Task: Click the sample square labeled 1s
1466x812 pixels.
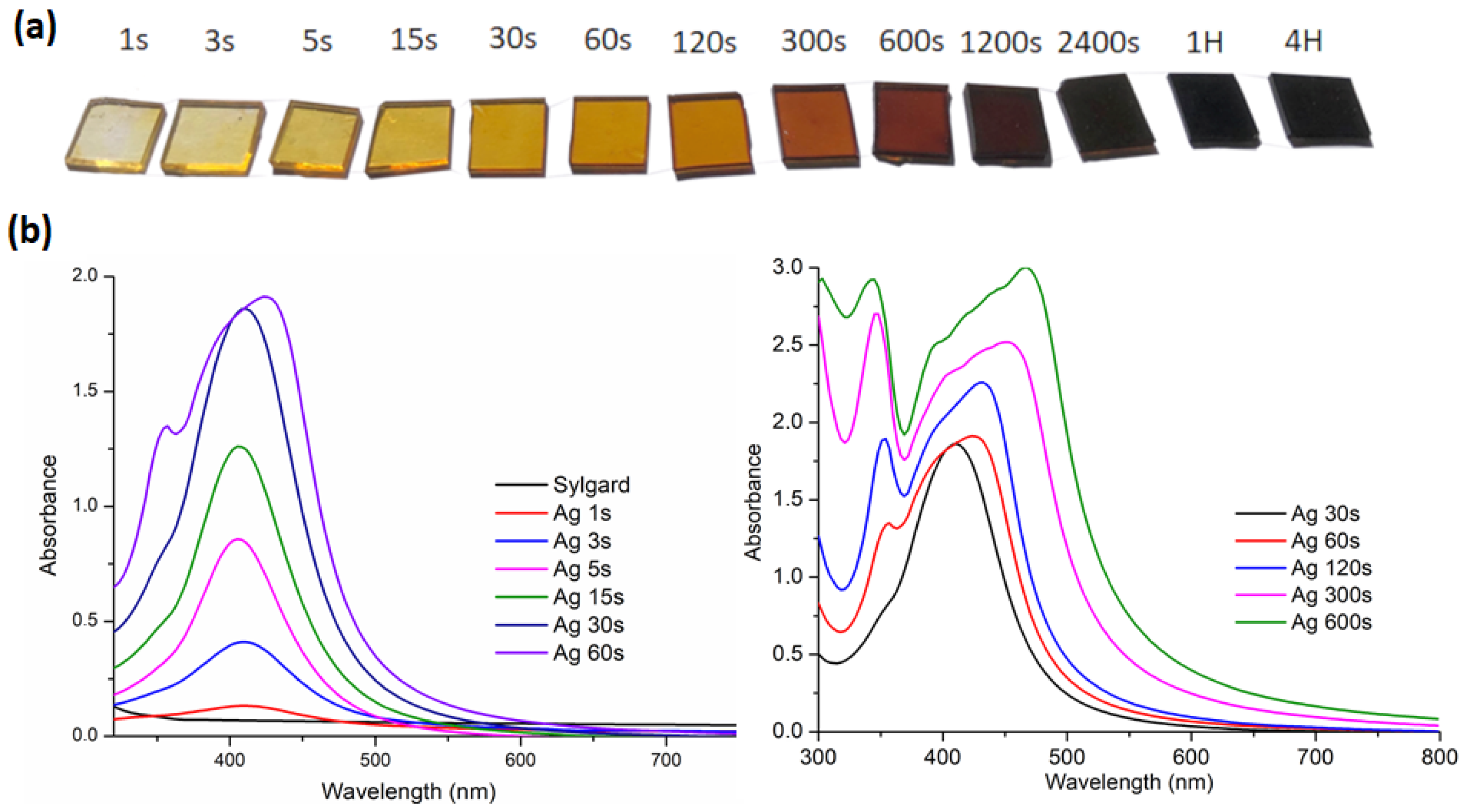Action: coord(116,135)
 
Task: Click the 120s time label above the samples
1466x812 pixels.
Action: coord(704,43)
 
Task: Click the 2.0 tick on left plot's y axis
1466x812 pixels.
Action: coord(85,276)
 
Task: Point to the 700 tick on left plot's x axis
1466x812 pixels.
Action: coord(665,760)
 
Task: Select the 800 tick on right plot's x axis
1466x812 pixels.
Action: coord(1438,757)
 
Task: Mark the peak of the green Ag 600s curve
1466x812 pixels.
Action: coord(1026,268)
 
